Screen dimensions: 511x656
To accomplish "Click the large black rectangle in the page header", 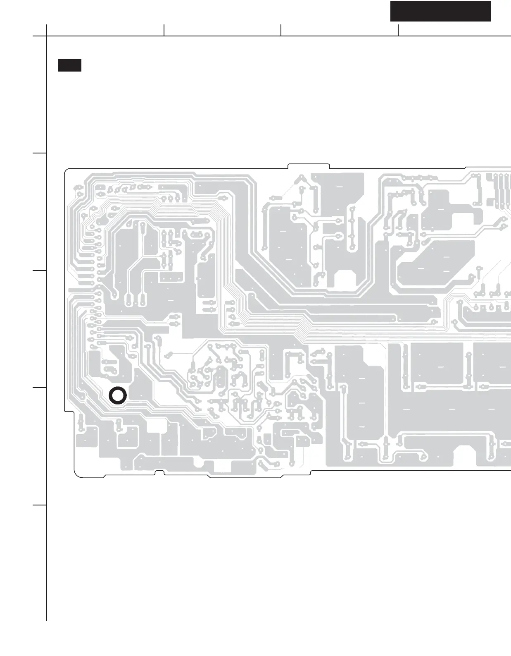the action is (440, 11).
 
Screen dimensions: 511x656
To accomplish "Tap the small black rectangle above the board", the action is (69, 65).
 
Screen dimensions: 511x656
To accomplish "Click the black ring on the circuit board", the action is (117, 396).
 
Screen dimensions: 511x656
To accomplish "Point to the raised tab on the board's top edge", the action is (309, 166).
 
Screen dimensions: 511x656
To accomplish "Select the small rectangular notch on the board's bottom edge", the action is (159, 472).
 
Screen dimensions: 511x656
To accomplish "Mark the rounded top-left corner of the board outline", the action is (67, 171).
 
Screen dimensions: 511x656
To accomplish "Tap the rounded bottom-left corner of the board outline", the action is (77, 474).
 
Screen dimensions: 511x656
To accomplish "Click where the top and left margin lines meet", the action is (47, 36).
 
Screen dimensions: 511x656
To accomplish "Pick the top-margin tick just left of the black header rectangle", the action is (398, 30).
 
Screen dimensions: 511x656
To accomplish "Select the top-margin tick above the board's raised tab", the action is (281, 30).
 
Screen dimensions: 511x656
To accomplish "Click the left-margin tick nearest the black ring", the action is (40, 388).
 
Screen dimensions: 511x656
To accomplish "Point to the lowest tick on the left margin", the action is (40, 505).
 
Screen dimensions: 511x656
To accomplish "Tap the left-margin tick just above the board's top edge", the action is (40, 153).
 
